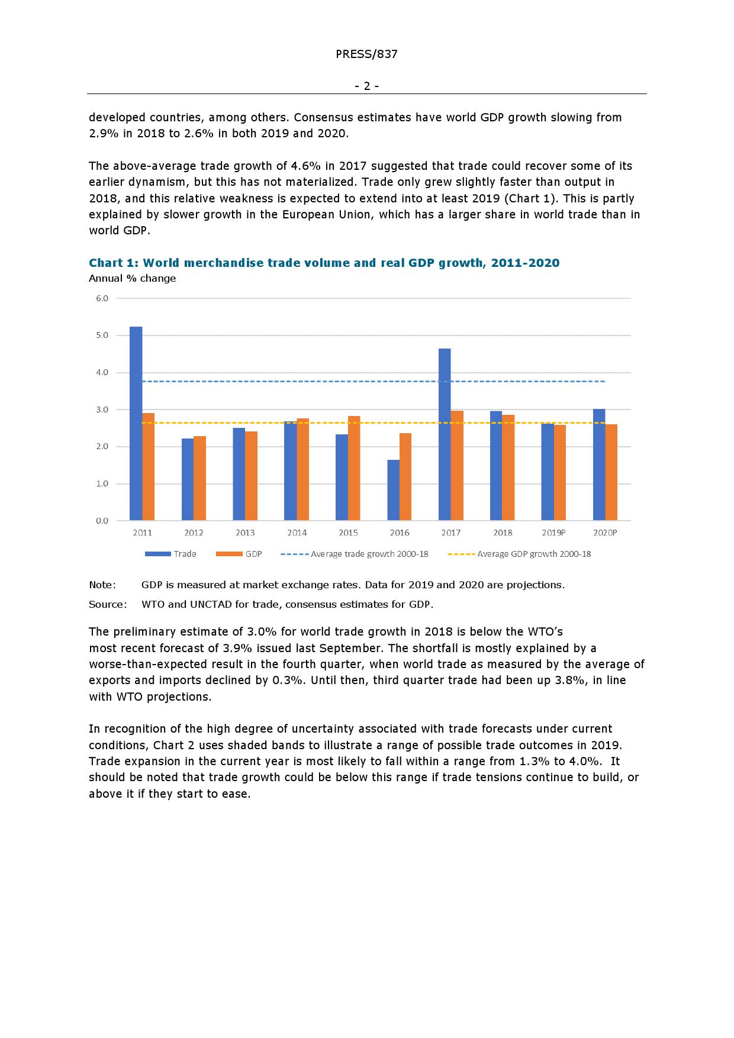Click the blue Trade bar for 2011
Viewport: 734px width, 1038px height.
coord(136,423)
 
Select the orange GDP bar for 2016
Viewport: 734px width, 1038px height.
coord(405,476)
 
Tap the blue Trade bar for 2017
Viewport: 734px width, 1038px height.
coord(445,434)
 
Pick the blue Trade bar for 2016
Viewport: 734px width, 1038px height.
coord(393,490)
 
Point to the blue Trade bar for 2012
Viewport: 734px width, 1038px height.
coord(188,479)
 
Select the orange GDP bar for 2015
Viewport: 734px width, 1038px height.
coord(354,468)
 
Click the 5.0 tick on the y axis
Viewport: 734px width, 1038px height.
coord(102,336)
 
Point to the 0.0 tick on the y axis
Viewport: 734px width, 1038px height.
coord(102,521)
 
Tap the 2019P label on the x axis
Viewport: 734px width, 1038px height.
coord(553,533)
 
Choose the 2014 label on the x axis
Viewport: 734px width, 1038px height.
coord(297,533)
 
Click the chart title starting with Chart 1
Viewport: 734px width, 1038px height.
coord(324,263)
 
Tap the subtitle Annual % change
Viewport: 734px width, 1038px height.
coord(132,278)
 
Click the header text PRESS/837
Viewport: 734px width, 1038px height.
coord(366,54)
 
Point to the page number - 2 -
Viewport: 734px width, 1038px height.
coord(366,86)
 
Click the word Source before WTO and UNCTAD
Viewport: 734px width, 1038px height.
coord(107,604)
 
